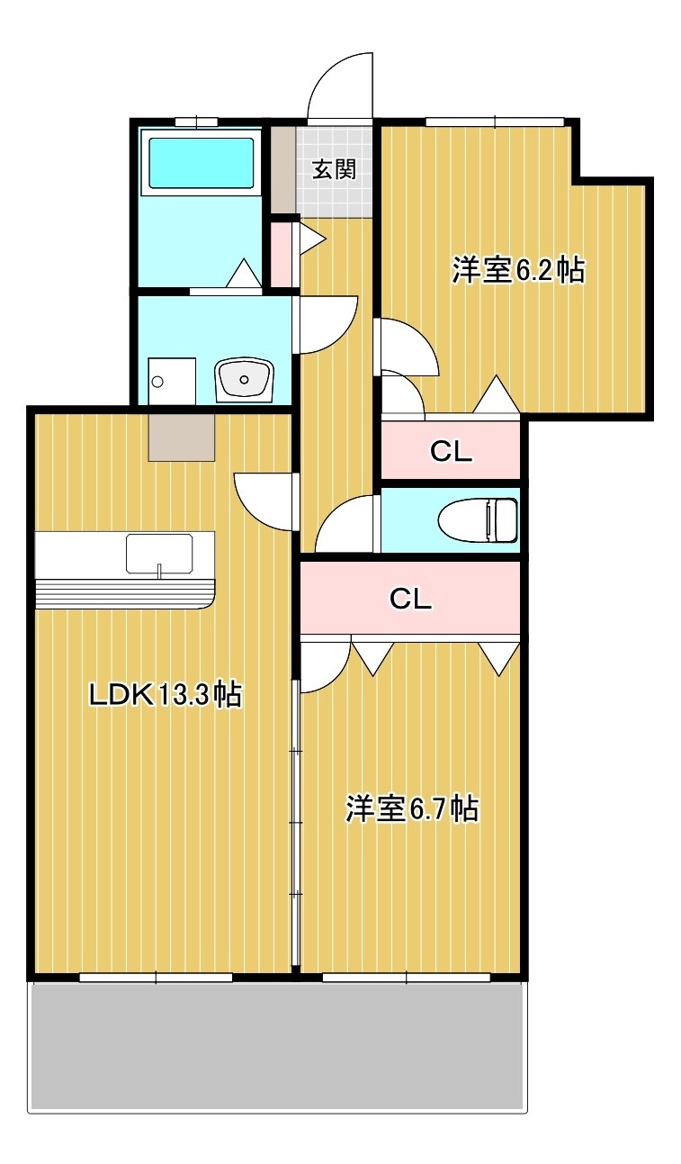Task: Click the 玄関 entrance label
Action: (x=333, y=169)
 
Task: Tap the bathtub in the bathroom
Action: (x=202, y=163)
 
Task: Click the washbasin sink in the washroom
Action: (x=243, y=378)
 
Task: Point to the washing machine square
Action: (x=172, y=379)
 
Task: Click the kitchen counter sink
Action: (x=159, y=553)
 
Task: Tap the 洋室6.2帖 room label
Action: (x=518, y=269)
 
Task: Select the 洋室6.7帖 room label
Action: (x=411, y=808)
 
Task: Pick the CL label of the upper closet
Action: (x=451, y=452)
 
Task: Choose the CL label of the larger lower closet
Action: (x=410, y=599)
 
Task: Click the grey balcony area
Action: (x=277, y=1044)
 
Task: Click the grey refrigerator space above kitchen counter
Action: (x=182, y=438)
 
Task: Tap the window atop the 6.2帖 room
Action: (x=494, y=122)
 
